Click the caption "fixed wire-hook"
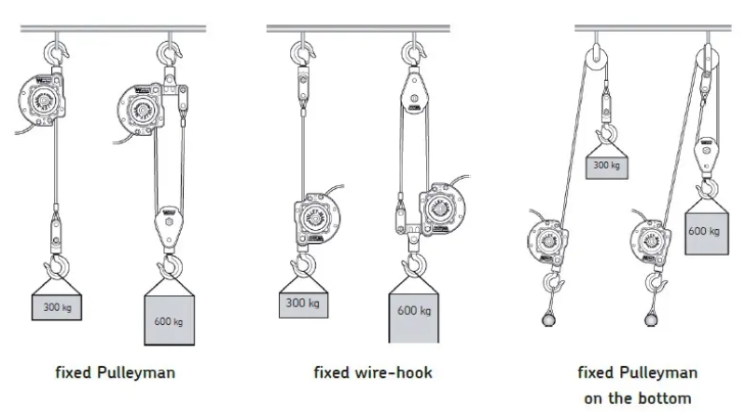pos(372,372)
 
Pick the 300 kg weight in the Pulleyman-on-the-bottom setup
pos(607,166)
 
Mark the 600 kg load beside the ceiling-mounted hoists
pos(171,321)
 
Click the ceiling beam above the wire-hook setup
pos(358,29)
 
